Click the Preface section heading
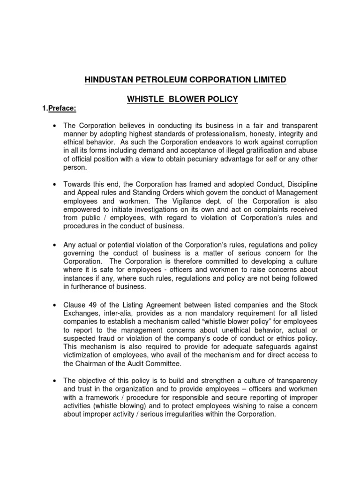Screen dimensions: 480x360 (61, 109)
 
